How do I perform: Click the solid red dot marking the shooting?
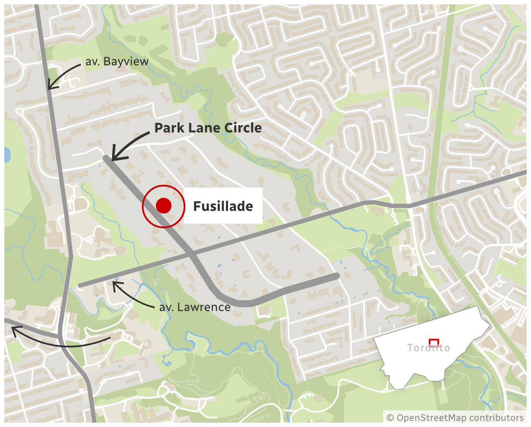click(x=163, y=206)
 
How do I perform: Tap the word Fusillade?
click(x=223, y=206)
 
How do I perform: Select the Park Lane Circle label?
click(x=208, y=128)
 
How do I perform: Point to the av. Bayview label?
click(x=117, y=62)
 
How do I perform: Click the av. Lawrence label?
click(x=195, y=307)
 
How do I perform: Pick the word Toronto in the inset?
click(x=429, y=348)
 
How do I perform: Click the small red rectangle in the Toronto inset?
click(x=434, y=342)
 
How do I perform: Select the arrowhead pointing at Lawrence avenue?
click(x=114, y=284)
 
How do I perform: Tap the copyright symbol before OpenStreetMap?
click(x=390, y=417)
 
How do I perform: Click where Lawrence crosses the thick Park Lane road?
click(x=192, y=254)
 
